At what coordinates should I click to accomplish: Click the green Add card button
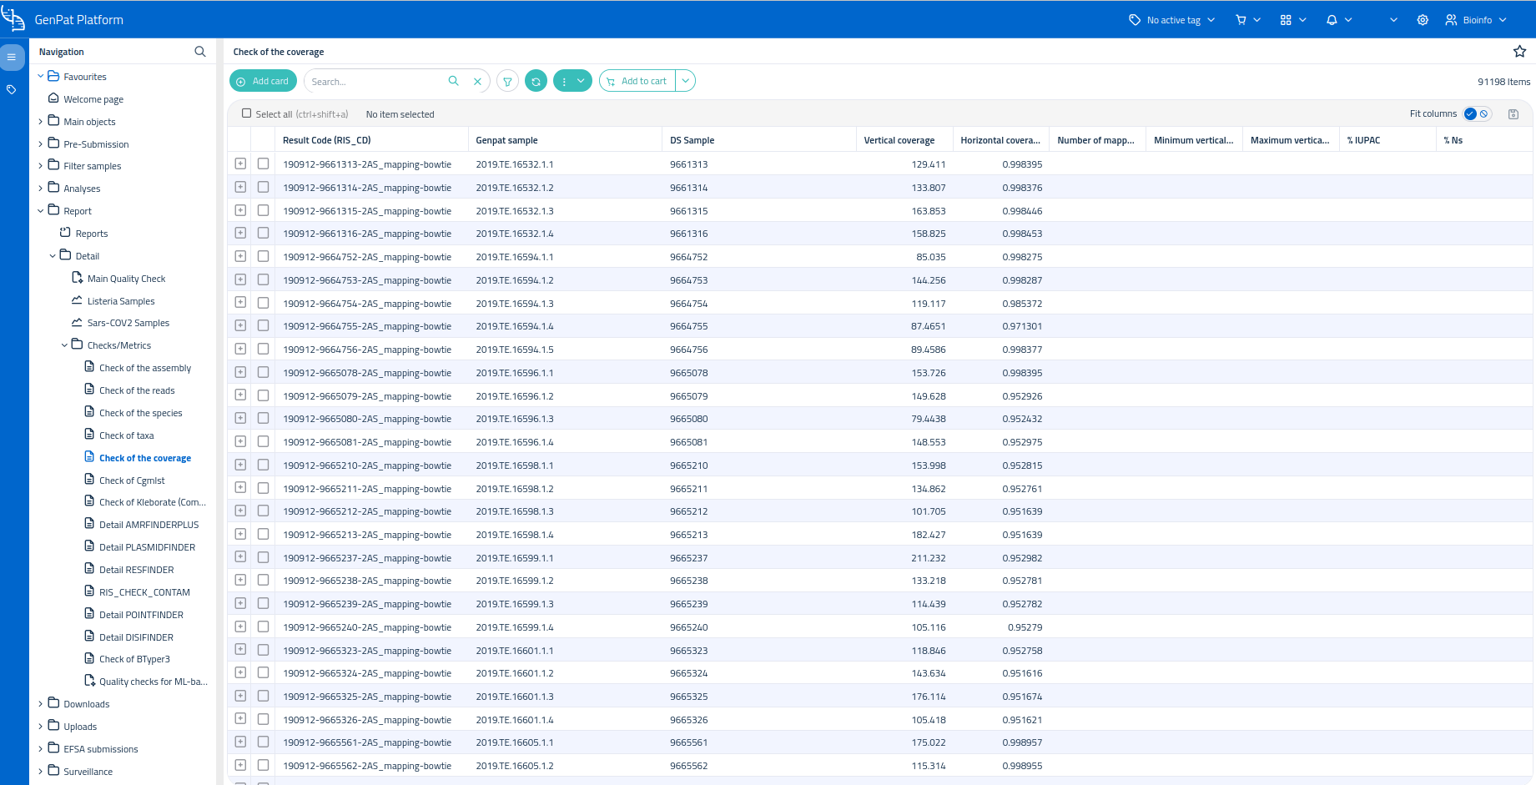(x=263, y=81)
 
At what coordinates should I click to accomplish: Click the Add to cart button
(x=637, y=81)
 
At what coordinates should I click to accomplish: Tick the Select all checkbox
(x=246, y=113)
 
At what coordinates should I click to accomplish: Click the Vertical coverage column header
(x=899, y=140)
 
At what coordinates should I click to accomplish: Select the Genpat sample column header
(x=506, y=140)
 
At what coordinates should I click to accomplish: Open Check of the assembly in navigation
(x=145, y=368)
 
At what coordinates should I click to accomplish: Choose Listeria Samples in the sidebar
(x=121, y=301)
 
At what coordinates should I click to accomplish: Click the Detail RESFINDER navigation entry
(x=137, y=570)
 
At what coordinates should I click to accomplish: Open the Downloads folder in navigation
(x=87, y=704)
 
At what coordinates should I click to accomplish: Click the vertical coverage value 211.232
(x=928, y=558)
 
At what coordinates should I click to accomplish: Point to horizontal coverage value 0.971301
(x=1022, y=326)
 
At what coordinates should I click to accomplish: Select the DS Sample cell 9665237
(x=688, y=558)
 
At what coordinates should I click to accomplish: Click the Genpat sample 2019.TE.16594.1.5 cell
(x=515, y=350)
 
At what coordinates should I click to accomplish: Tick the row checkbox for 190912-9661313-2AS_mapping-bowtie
(x=263, y=164)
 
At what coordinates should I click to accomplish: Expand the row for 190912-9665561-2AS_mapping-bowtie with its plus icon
(x=240, y=742)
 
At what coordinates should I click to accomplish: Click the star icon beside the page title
(x=1519, y=52)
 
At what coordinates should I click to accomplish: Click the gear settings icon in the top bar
(x=1423, y=20)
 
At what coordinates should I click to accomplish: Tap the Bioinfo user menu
(x=1476, y=20)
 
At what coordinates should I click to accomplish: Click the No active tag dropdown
(x=1172, y=20)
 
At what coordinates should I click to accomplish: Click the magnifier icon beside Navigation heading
(x=200, y=52)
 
